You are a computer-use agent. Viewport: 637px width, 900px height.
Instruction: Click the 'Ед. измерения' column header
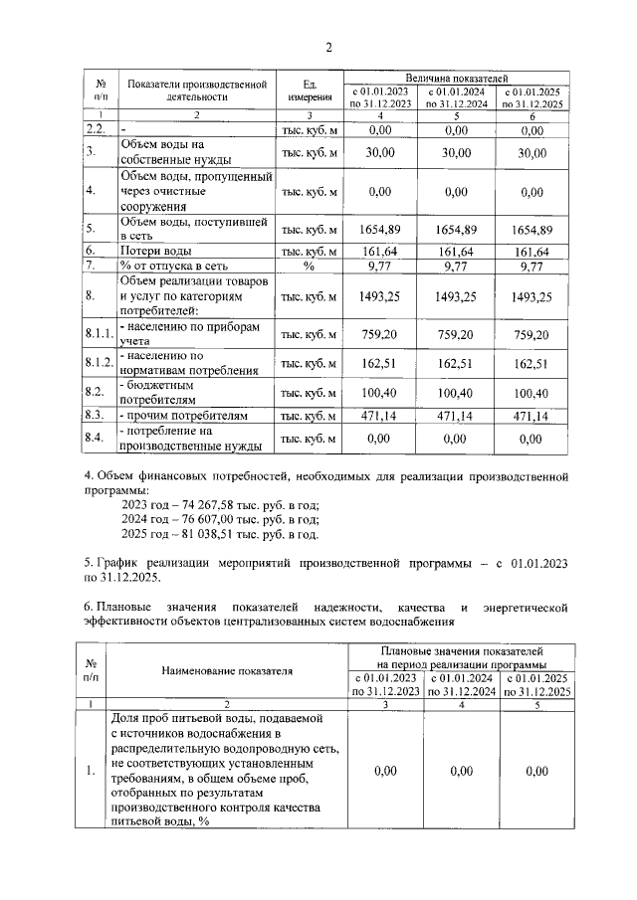[311, 90]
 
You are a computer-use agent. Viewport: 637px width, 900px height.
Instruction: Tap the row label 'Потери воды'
[150, 251]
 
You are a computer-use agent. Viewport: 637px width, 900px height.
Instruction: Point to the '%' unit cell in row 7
[310, 267]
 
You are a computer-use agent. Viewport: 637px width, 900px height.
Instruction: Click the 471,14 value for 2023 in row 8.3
[380, 415]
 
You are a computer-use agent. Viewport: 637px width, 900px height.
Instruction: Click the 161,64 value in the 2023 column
[380, 251]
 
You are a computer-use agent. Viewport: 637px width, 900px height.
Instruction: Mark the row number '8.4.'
[96, 438]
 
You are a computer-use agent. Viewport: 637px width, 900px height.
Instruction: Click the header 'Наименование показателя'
[227, 670]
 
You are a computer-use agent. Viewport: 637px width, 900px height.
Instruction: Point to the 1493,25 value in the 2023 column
[380, 296]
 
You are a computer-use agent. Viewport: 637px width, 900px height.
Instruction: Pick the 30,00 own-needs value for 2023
[380, 152]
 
